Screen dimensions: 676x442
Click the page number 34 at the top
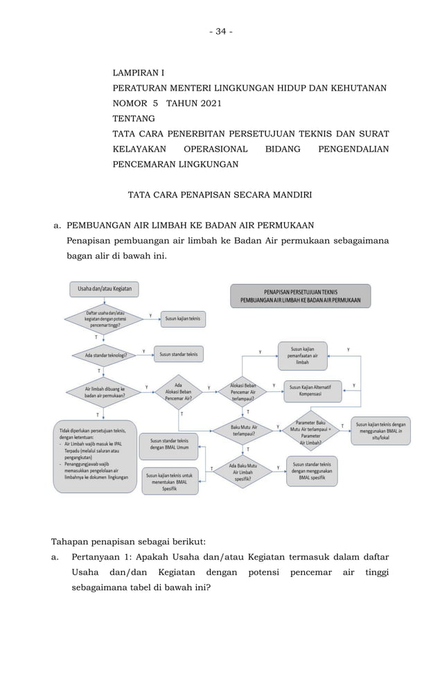coord(221,31)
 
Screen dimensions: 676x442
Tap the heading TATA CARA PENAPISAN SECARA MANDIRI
coord(220,195)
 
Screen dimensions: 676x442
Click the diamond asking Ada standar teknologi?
coord(105,355)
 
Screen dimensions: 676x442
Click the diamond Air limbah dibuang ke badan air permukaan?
coord(105,393)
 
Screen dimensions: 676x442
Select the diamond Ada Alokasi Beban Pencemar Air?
coord(178,393)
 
